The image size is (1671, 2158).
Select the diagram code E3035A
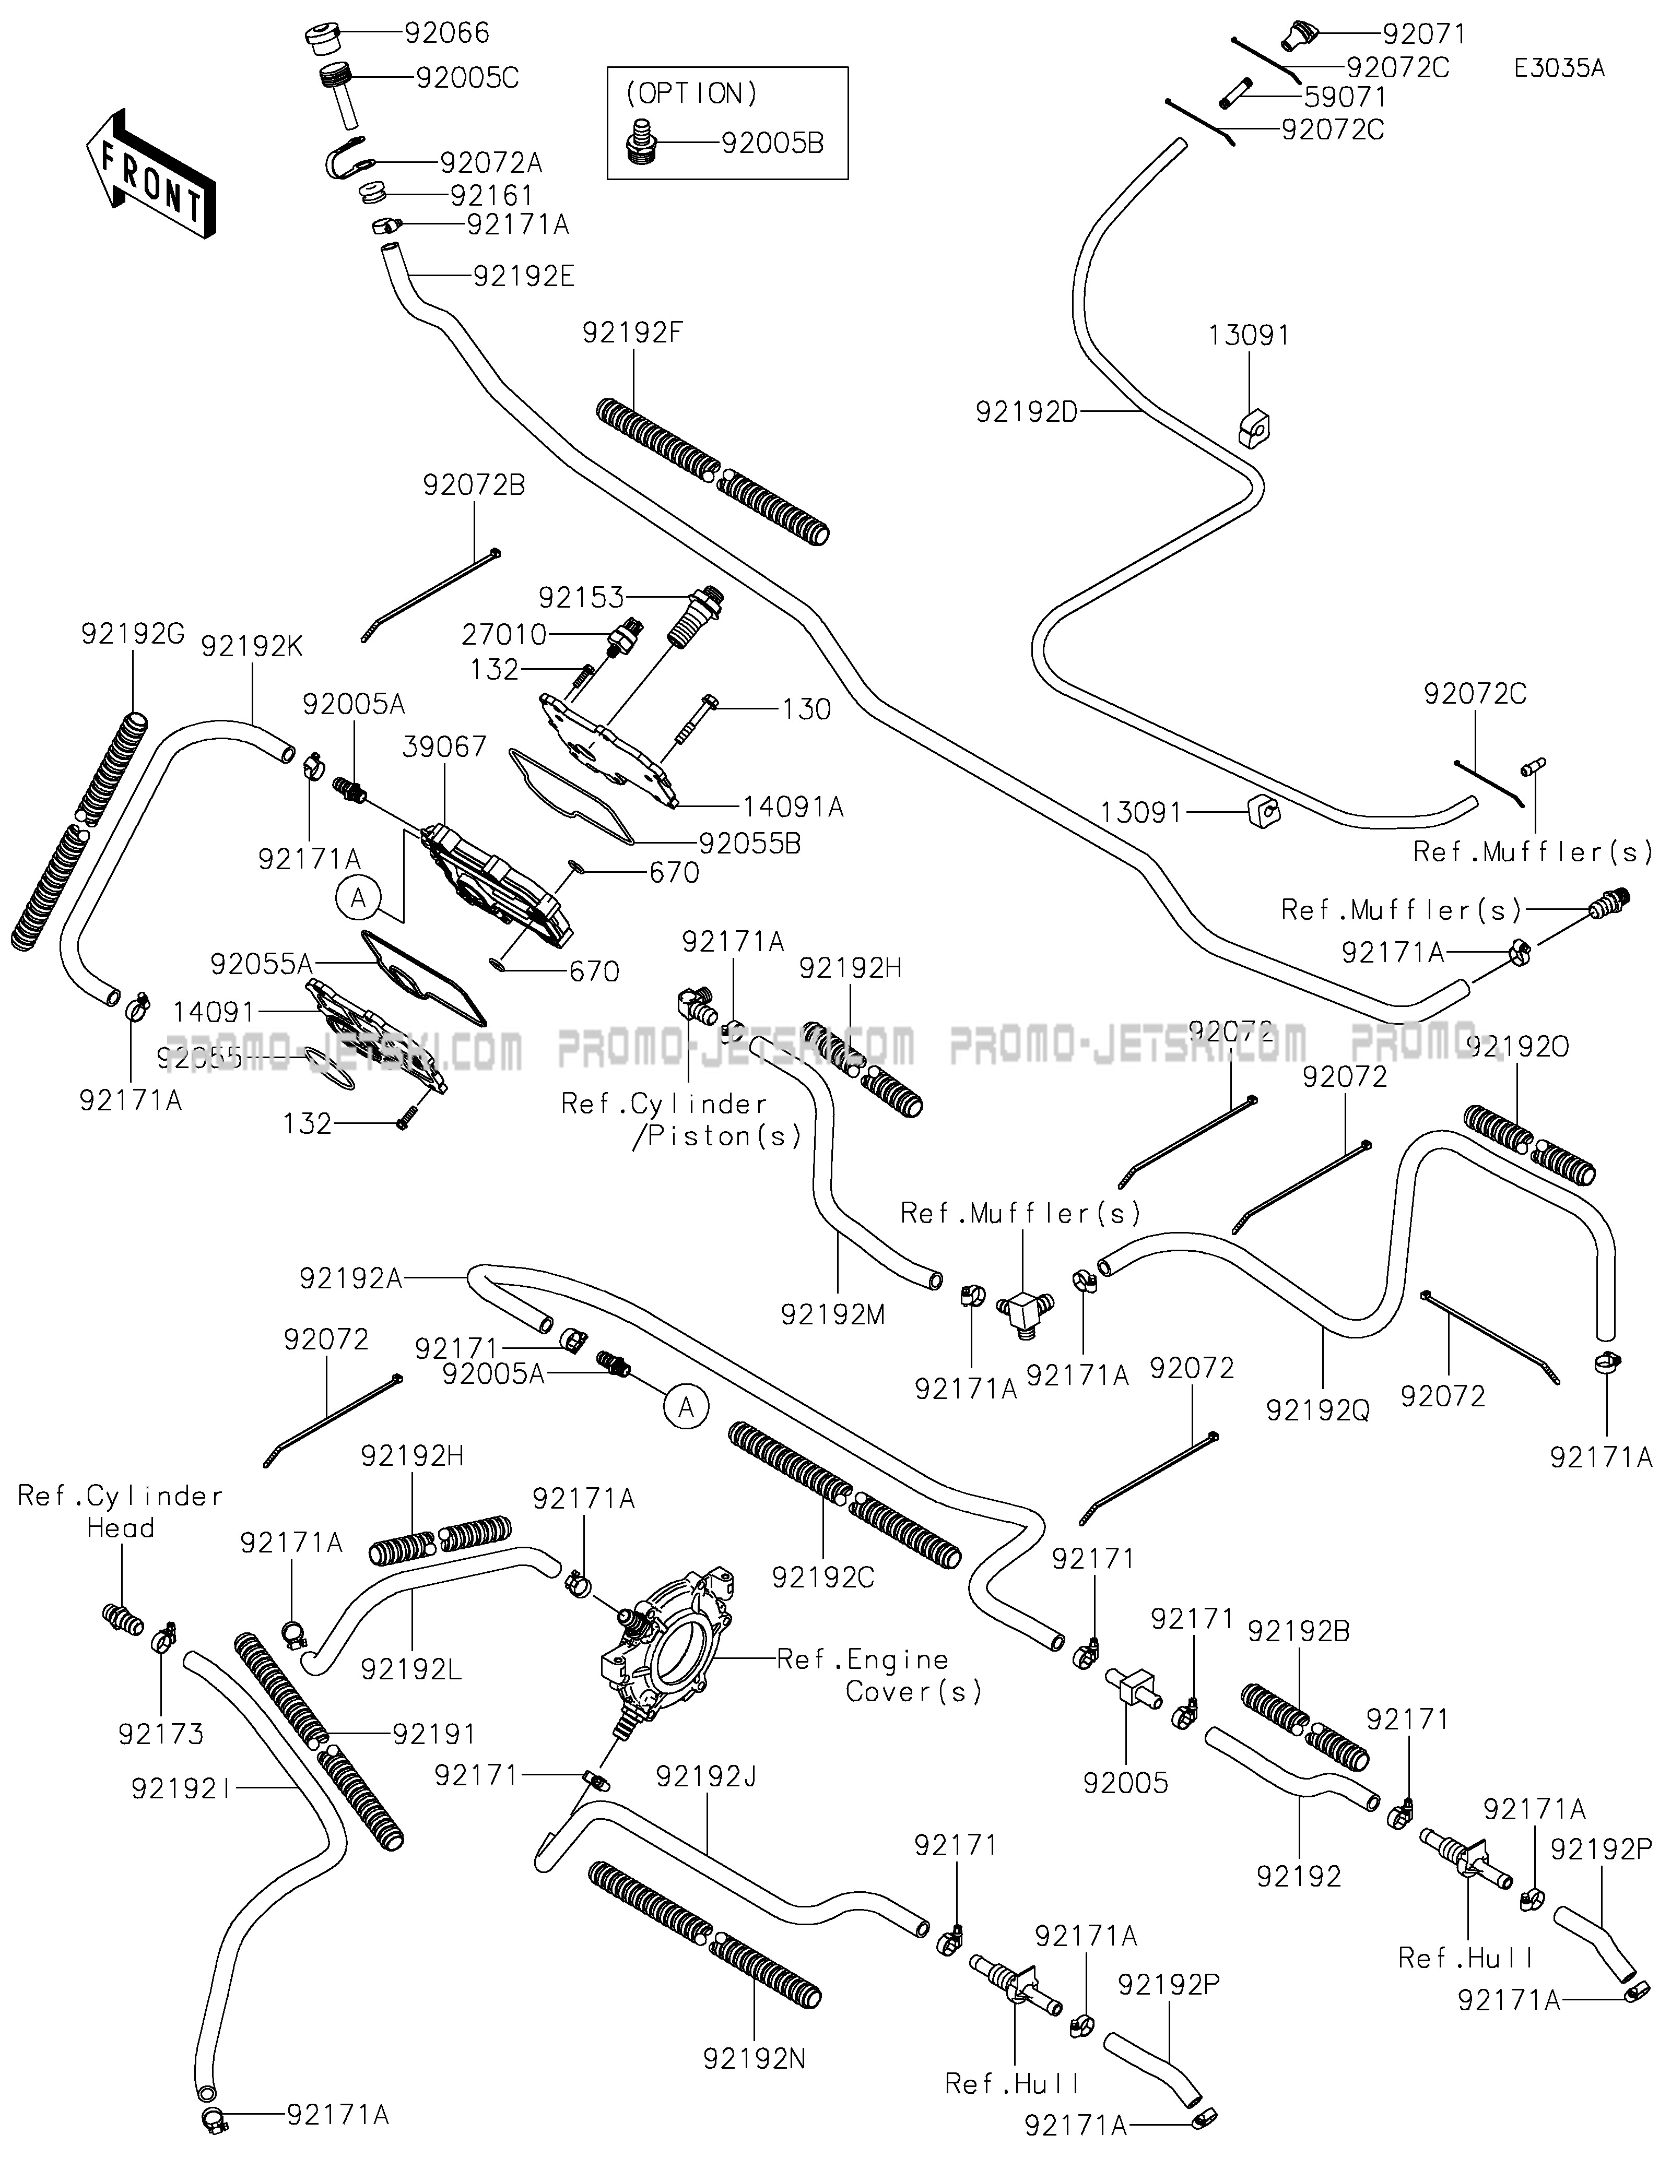1559,68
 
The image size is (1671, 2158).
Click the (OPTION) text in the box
692,94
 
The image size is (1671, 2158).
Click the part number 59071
1345,98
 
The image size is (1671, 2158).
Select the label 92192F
632,333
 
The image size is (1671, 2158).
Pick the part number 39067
445,747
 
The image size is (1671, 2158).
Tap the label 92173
161,1734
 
